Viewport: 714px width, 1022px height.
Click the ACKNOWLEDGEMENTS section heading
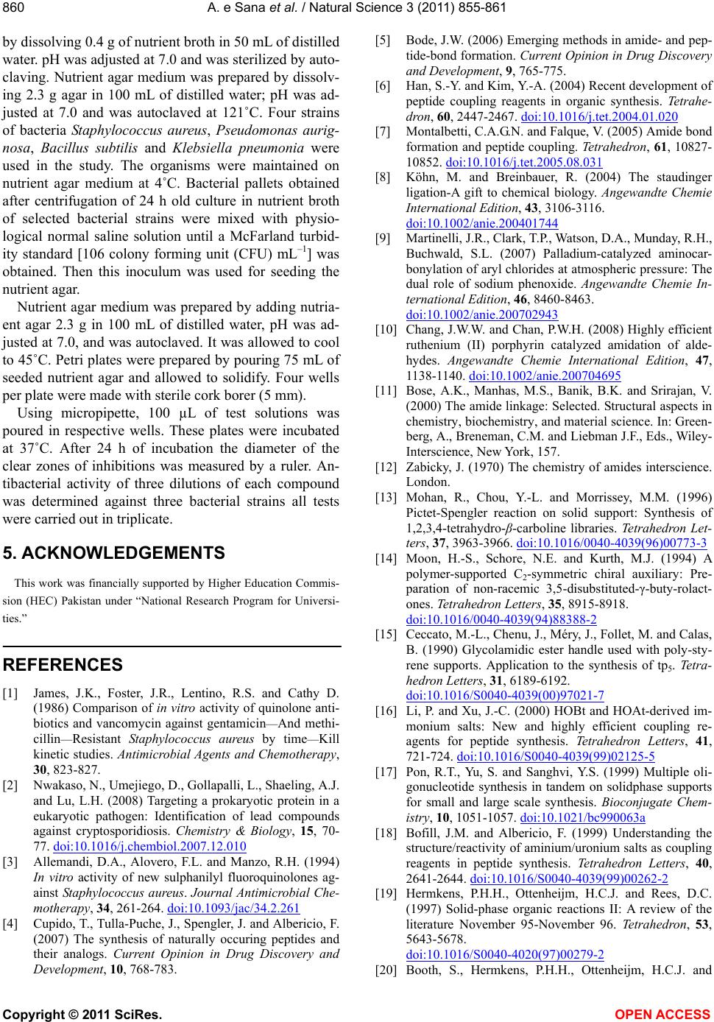(116, 552)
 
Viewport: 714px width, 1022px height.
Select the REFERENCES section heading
(63, 665)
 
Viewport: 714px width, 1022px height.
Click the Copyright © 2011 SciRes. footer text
(82, 1015)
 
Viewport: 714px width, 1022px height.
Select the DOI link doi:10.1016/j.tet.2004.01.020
(598, 116)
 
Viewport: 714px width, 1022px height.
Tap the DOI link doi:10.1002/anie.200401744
(481, 223)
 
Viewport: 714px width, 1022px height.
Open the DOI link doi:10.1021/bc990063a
(582, 817)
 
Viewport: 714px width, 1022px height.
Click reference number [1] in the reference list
(11, 692)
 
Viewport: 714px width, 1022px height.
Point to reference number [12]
(385, 466)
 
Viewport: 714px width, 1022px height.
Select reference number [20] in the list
(385, 970)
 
